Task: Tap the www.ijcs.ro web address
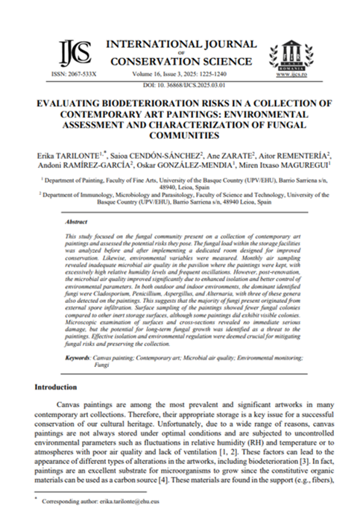[292, 75]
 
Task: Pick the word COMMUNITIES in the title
[180, 136]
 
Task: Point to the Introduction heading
[60, 389]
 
